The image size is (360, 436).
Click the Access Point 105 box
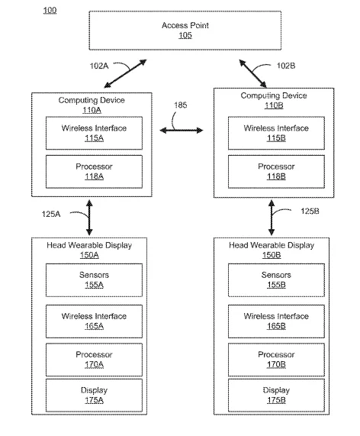185,31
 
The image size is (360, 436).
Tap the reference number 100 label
50,11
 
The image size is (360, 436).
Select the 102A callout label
99,66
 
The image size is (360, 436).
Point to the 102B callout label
286,66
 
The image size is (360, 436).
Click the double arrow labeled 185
182,130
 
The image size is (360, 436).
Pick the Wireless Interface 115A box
94,133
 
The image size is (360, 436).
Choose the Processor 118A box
94,172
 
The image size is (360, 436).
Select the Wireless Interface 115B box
276,133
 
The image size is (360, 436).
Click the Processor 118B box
276,172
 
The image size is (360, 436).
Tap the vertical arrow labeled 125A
89,218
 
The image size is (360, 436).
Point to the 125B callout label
310,212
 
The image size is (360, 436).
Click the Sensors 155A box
94,280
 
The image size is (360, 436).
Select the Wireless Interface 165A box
94,321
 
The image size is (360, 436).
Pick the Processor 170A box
94,360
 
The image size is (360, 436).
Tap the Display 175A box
94,395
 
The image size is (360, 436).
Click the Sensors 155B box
276,280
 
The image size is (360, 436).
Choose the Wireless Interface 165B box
276,321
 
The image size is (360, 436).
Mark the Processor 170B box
276,360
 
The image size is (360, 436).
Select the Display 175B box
276,395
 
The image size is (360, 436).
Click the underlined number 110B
274,105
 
